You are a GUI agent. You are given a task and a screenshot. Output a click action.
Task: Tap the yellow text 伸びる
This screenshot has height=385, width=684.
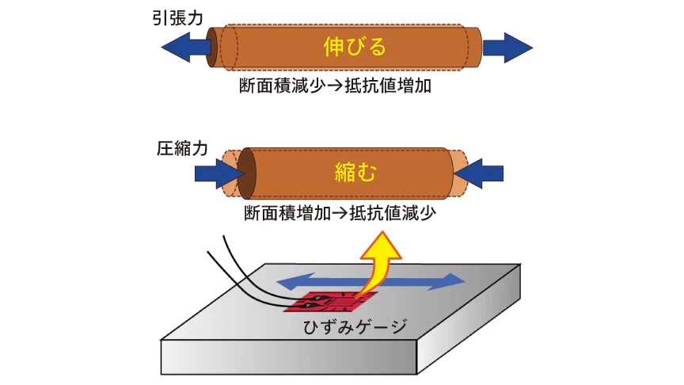[355, 48]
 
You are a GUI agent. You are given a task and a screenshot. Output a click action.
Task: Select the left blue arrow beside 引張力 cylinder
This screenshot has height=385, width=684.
[184, 48]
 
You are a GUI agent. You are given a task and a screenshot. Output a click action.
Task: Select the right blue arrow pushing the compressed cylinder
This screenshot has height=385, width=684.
[481, 172]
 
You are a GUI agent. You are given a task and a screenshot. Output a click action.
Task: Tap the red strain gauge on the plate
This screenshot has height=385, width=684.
[332, 303]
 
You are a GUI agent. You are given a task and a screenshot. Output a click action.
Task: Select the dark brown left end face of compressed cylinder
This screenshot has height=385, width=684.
[245, 173]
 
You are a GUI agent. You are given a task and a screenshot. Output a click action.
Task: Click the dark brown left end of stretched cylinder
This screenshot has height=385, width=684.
[212, 48]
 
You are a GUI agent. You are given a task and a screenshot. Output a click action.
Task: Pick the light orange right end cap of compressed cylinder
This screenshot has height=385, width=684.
[458, 173]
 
